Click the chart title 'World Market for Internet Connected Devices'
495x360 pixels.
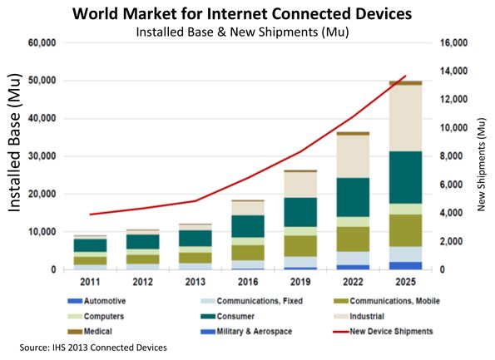[242, 14]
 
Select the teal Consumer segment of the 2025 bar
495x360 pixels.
[406, 177]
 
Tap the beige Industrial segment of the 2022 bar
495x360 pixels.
[353, 156]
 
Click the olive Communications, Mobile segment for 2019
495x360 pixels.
[300, 246]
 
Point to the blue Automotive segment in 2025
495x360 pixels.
[406, 266]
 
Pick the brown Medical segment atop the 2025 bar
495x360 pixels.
[406, 83]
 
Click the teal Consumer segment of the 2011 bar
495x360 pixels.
[90, 245]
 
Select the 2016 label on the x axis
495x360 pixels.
[248, 282]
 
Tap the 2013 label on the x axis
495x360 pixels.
[196, 282]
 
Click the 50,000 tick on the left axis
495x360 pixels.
[42, 81]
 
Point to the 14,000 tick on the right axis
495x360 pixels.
[453, 71]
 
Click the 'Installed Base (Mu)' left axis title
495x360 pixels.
[14, 143]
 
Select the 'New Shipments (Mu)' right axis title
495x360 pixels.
[481, 165]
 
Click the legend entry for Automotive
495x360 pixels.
[97, 301]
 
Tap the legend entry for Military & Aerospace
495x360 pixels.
[246, 331]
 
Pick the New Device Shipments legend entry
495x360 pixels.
[383, 331]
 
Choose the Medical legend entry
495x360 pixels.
[90, 331]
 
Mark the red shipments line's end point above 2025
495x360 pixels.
[406, 76]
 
